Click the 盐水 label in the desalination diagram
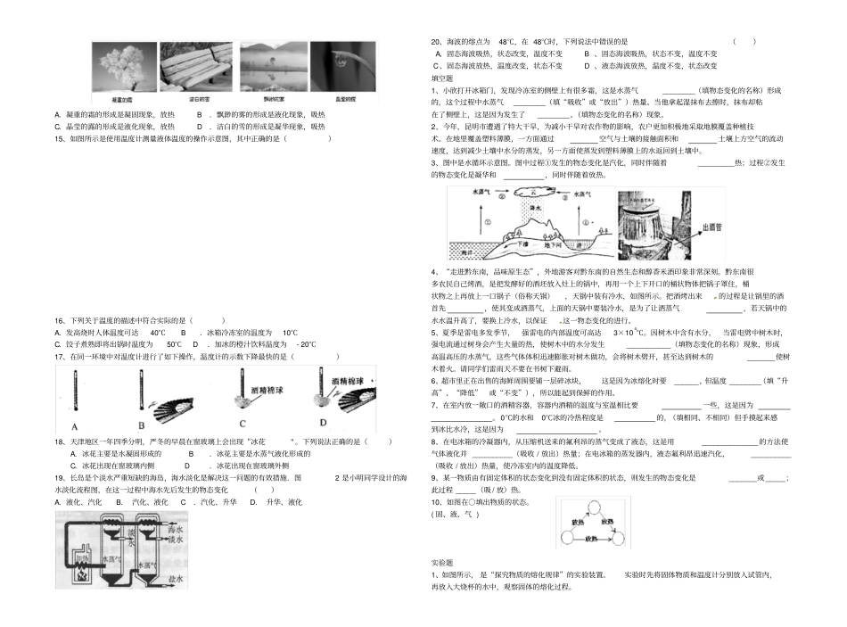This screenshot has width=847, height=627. coord(176,579)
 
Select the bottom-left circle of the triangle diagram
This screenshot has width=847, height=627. coord(571,538)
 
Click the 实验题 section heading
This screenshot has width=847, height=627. coord(443,563)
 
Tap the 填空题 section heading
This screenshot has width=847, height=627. coord(442,78)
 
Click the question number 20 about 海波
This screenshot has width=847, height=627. coord(437,41)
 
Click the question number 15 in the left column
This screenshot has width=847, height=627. coord(60,139)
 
